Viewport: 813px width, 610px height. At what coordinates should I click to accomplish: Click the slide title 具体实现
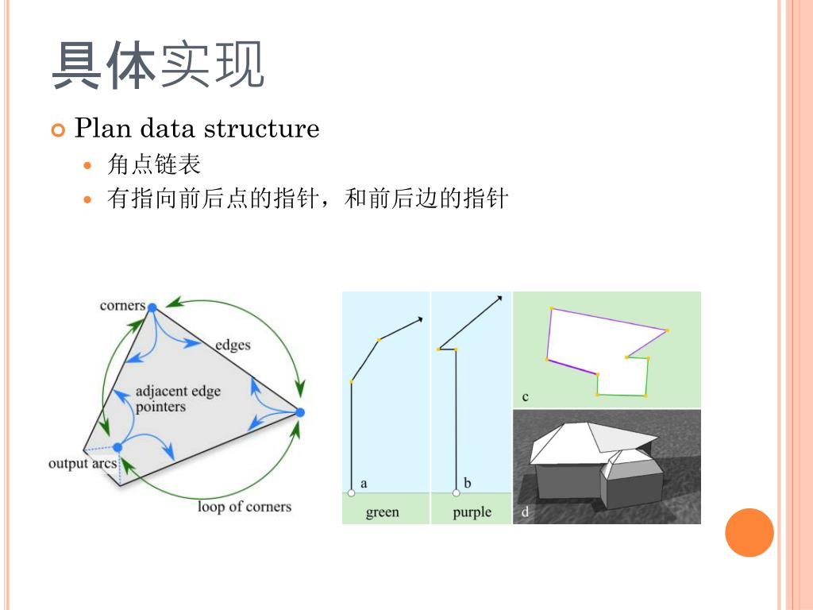(157, 66)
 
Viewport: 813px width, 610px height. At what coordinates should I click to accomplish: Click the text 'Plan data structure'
(197, 128)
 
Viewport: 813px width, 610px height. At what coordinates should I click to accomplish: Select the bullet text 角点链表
(154, 164)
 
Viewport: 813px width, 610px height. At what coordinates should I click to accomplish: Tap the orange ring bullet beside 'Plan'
(57, 129)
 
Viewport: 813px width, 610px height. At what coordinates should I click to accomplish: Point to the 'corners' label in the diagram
(122, 306)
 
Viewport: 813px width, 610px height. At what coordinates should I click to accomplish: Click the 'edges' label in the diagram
(233, 345)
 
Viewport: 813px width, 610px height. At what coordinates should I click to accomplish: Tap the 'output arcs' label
(82, 463)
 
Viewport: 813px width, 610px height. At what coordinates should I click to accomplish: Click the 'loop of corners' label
(245, 507)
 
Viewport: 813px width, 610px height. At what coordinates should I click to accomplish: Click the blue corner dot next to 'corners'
(152, 307)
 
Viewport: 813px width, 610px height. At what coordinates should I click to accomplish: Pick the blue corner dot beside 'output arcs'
(118, 447)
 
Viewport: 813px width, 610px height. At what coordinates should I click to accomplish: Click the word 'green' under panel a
(382, 512)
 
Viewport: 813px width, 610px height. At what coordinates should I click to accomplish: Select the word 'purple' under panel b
(472, 512)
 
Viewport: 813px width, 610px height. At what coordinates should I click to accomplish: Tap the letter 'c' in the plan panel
(526, 396)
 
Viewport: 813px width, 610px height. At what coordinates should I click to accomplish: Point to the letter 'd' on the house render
(525, 513)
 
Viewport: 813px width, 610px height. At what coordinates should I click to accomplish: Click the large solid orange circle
(749, 532)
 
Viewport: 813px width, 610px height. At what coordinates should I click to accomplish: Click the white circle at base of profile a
(352, 493)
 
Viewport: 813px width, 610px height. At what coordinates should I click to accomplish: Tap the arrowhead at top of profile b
(499, 299)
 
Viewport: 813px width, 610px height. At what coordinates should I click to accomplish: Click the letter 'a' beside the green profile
(364, 483)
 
